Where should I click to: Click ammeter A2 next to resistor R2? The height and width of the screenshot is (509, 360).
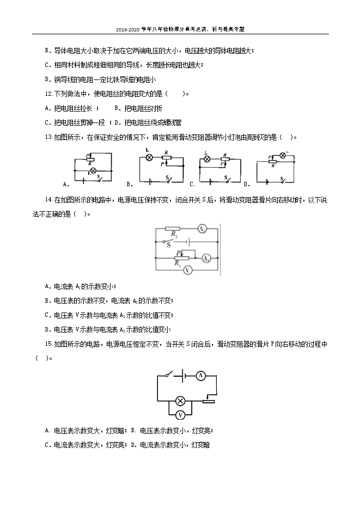coord(201,229)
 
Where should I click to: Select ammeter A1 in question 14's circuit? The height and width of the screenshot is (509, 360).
coord(206,259)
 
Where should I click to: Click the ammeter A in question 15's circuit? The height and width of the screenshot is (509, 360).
coord(200,375)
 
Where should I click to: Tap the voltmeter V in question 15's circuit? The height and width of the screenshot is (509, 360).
coord(181,415)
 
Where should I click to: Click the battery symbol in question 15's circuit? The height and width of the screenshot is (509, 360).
coord(184,375)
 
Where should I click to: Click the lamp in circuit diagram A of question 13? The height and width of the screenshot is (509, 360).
coord(93,170)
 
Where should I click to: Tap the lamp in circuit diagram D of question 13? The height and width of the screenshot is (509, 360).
coord(282,156)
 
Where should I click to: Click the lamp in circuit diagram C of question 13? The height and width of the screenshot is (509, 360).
coord(207,160)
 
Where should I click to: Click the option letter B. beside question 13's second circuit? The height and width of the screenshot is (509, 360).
coord(130,183)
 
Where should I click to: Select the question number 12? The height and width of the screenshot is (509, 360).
coord(48,94)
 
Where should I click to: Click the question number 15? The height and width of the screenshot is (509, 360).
coord(48,344)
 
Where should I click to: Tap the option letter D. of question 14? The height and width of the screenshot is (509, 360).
coord(48,329)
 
